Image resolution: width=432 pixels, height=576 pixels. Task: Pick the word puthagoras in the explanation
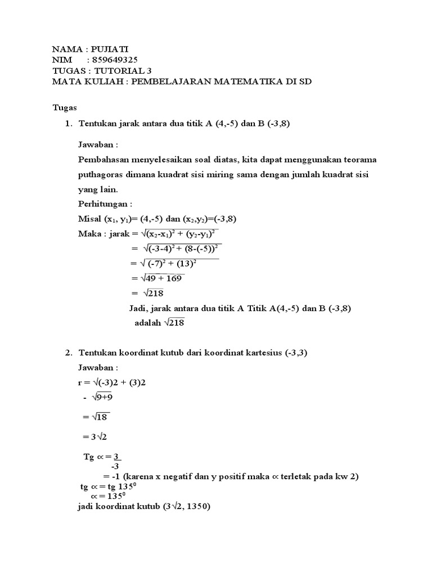[102, 175]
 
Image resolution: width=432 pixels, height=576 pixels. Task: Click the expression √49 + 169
[158, 278]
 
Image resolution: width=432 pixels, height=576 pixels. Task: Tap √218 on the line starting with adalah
[174, 323]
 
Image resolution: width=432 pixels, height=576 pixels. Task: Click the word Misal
[89, 219]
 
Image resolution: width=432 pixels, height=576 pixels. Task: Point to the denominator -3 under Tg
[115, 466]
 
